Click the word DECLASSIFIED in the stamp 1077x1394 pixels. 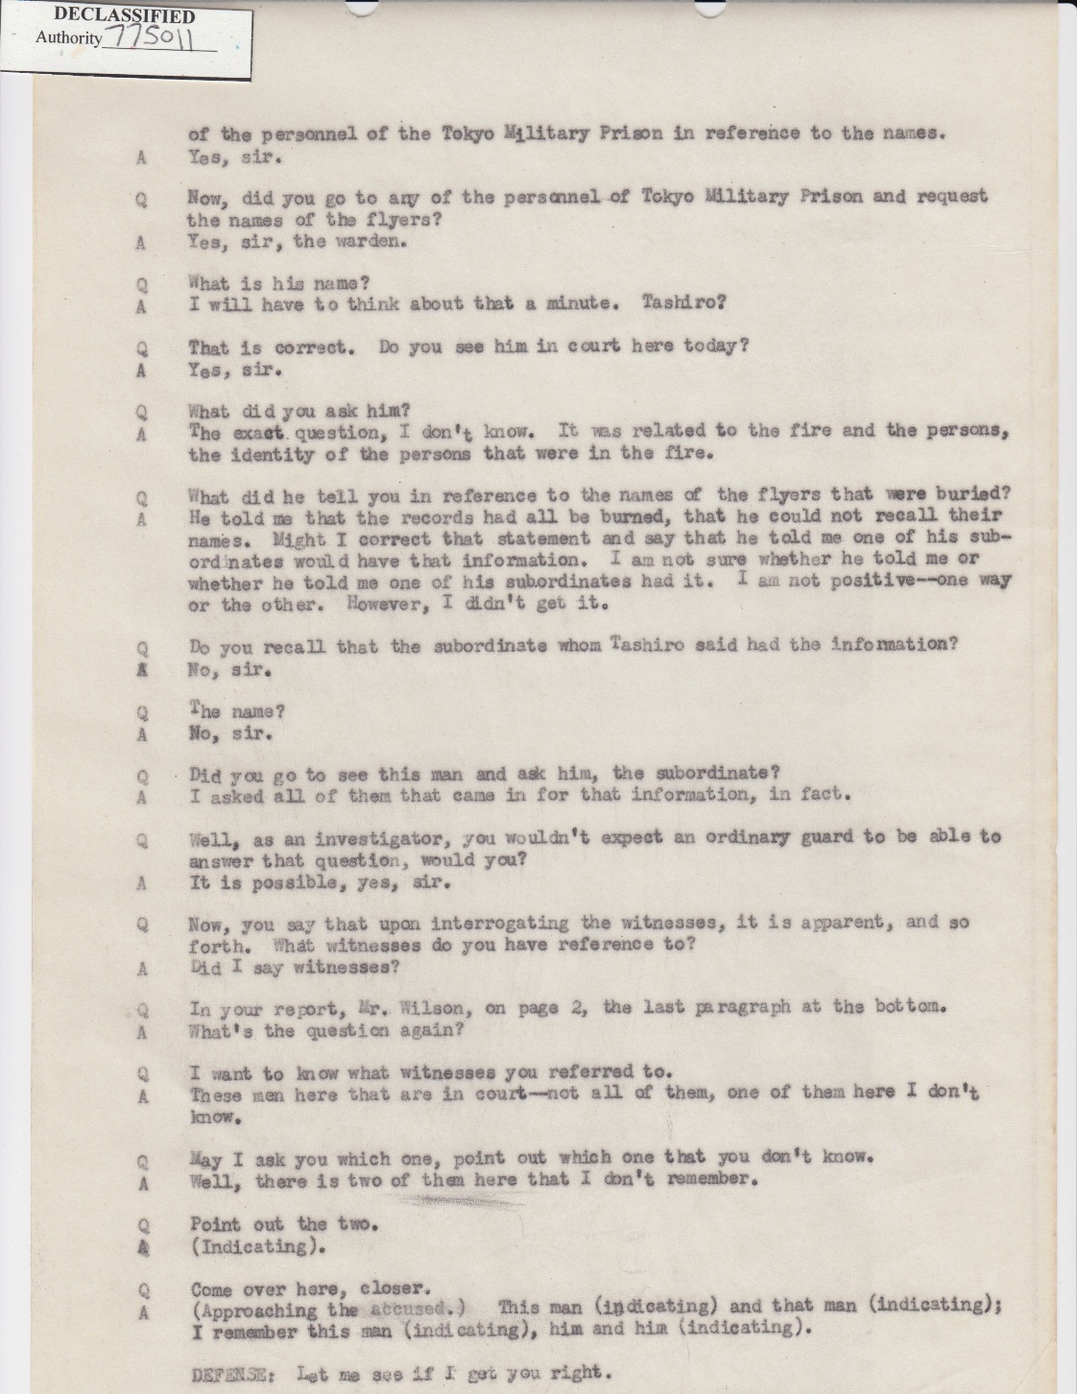tap(125, 16)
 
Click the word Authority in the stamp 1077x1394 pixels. tap(68, 38)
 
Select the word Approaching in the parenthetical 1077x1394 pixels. tap(253, 1310)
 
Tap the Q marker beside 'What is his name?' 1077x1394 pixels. tap(142, 284)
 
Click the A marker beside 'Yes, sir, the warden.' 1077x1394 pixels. tap(142, 243)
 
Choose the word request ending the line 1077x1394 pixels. tap(952, 196)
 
